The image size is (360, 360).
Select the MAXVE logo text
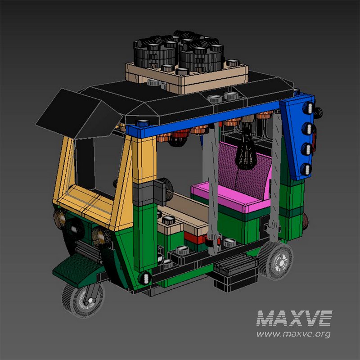click(x=294, y=319)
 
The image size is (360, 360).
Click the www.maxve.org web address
click(x=293, y=334)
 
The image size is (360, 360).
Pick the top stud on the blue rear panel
click(x=309, y=108)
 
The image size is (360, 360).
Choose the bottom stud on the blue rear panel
click(x=307, y=169)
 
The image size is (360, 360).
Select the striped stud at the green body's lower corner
click(x=145, y=278)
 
